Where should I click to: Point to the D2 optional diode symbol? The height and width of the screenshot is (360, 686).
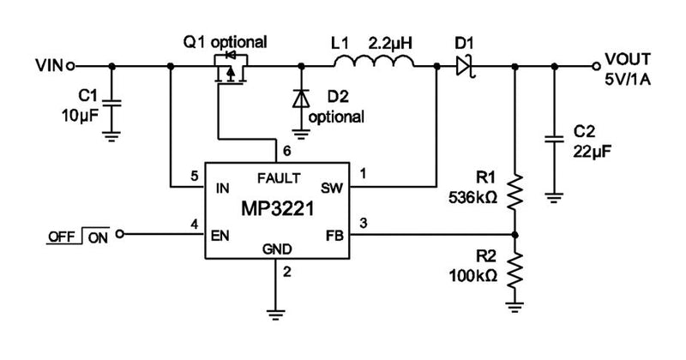[x=301, y=99]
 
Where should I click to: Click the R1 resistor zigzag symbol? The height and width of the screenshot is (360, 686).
[x=514, y=192]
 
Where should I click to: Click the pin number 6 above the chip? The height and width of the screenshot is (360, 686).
[x=286, y=151]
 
